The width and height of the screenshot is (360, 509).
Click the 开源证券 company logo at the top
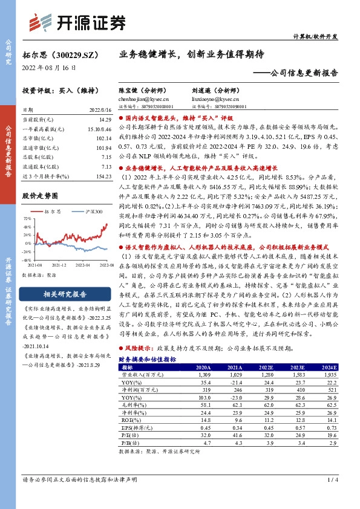(x=79, y=22)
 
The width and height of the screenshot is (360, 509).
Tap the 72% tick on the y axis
(x=27, y=218)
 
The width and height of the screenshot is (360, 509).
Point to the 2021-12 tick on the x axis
(x=59, y=265)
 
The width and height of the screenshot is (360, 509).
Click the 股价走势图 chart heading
(x=39, y=196)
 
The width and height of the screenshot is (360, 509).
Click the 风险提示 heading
(x=140, y=349)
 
